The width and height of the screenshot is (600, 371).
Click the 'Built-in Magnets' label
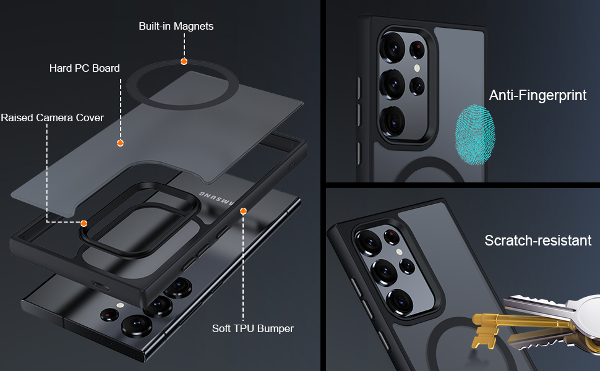tap(176, 26)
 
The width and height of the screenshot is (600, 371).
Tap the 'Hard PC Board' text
tap(85, 68)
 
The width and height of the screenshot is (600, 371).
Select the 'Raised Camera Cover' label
tap(52, 117)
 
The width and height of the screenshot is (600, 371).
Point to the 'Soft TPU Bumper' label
tap(252, 328)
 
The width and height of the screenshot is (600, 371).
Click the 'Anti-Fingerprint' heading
tap(538, 95)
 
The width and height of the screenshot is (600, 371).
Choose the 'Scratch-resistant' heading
tap(538, 241)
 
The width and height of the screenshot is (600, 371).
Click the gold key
tap(489, 322)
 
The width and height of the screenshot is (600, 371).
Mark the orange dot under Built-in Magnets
tap(184, 61)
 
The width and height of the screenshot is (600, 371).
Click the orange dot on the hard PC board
tap(121, 143)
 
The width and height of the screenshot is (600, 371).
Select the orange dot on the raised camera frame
tap(84, 223)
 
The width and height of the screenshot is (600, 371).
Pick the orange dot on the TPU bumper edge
tap(243, 211)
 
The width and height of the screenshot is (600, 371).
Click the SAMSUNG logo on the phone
tap(216, 198)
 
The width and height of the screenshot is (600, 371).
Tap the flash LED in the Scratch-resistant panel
tap(399, 252)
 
